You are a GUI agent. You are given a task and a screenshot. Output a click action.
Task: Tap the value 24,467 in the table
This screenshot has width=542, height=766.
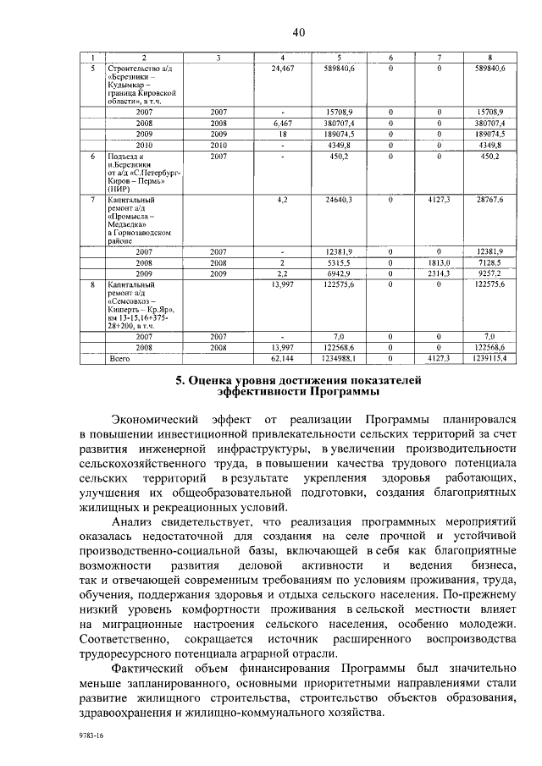tap(282, 66)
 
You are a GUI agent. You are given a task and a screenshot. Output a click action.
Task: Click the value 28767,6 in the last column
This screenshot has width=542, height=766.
tap(490, 199)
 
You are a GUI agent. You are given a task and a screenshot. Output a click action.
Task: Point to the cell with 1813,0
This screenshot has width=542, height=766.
tap(440, 263)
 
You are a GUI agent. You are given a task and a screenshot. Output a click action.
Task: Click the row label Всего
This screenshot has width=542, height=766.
tap(122, 359)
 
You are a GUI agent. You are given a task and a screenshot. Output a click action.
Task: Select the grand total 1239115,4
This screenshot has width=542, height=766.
tap(490, 359)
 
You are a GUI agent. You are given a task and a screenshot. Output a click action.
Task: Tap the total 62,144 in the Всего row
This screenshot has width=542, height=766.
tap(282, 359)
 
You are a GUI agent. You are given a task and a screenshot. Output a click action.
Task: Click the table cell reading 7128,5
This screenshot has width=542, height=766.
tap(490, 263)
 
